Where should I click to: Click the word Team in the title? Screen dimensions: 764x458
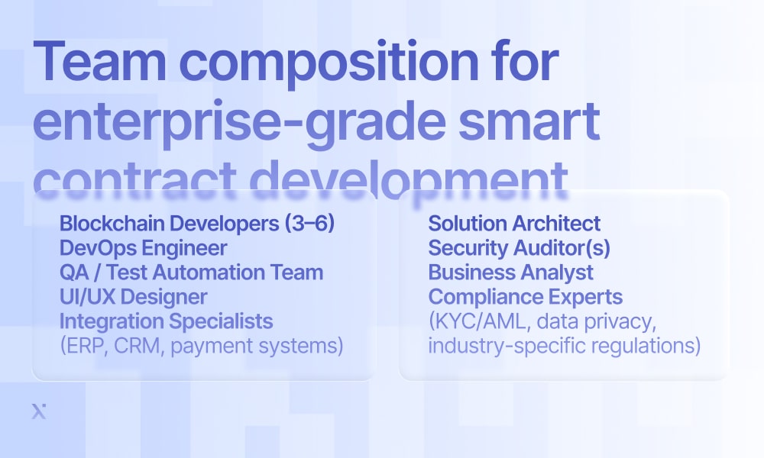point(99,62)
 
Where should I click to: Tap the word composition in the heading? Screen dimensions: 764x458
point(329,65)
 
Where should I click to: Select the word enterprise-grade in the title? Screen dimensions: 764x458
point(239,124)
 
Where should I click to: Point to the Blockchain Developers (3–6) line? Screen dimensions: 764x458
point(197,224)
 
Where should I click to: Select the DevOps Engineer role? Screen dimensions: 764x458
point(144,248)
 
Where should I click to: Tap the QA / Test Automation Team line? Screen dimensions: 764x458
point(191,272)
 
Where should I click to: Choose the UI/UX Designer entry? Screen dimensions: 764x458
point(134,297)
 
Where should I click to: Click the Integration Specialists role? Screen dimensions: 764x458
point(166,321)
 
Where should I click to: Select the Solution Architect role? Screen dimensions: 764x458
point(514,224)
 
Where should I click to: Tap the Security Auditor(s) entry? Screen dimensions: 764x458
point(519,248)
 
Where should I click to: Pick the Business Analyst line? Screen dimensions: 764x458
point(510,273)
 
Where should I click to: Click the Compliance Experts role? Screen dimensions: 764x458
point(526,297)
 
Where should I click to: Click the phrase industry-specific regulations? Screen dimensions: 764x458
point(562,346)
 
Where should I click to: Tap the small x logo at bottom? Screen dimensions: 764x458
point(39,411)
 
